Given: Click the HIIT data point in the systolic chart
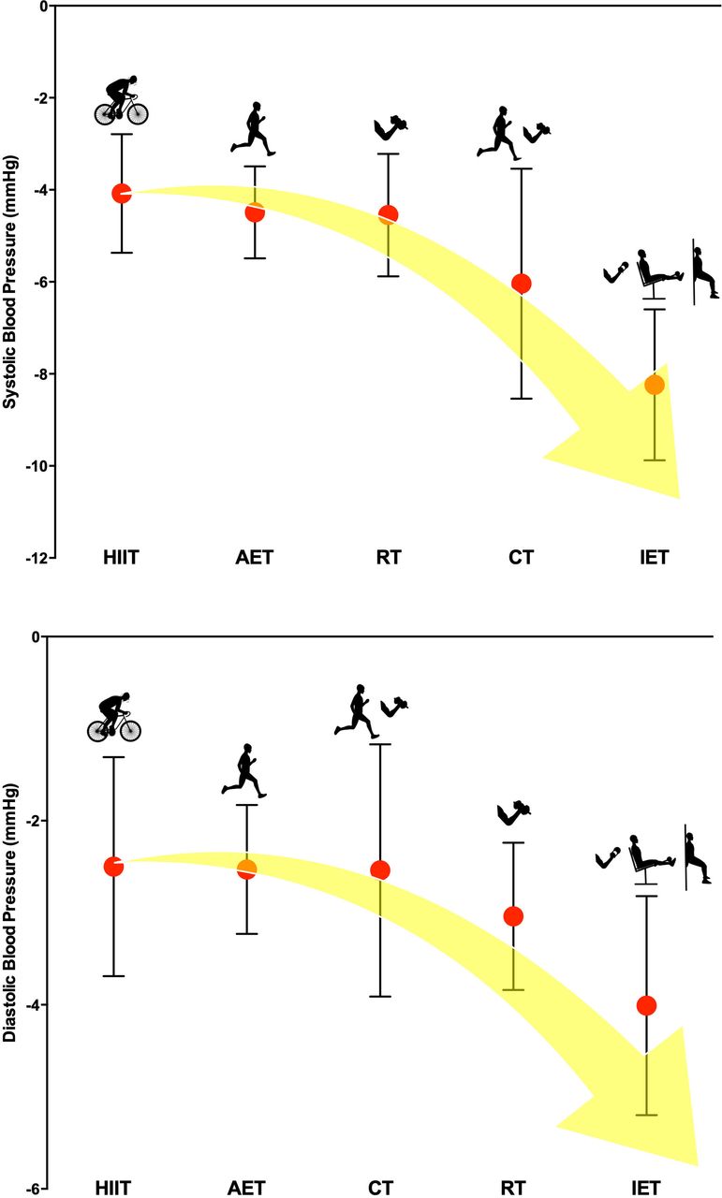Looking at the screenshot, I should (121, 194).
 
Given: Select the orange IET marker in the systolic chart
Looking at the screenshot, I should (655, 385).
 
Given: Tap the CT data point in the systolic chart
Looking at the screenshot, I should (522, 284).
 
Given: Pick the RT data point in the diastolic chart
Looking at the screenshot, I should (513, 916).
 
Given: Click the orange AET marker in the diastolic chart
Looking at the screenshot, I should (246, 869).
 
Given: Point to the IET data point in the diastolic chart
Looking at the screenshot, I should (646, 1006).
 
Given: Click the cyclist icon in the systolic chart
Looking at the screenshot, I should (122, 100).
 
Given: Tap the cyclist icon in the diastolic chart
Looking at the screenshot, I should (114, 718).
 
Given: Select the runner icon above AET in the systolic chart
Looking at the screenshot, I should (253, 128).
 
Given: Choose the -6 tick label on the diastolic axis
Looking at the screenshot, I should (30, 1190).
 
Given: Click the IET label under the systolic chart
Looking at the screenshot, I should (655, 559).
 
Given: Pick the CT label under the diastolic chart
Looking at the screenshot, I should (380, 1190).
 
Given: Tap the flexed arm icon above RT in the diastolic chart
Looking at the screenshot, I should (514, 813).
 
